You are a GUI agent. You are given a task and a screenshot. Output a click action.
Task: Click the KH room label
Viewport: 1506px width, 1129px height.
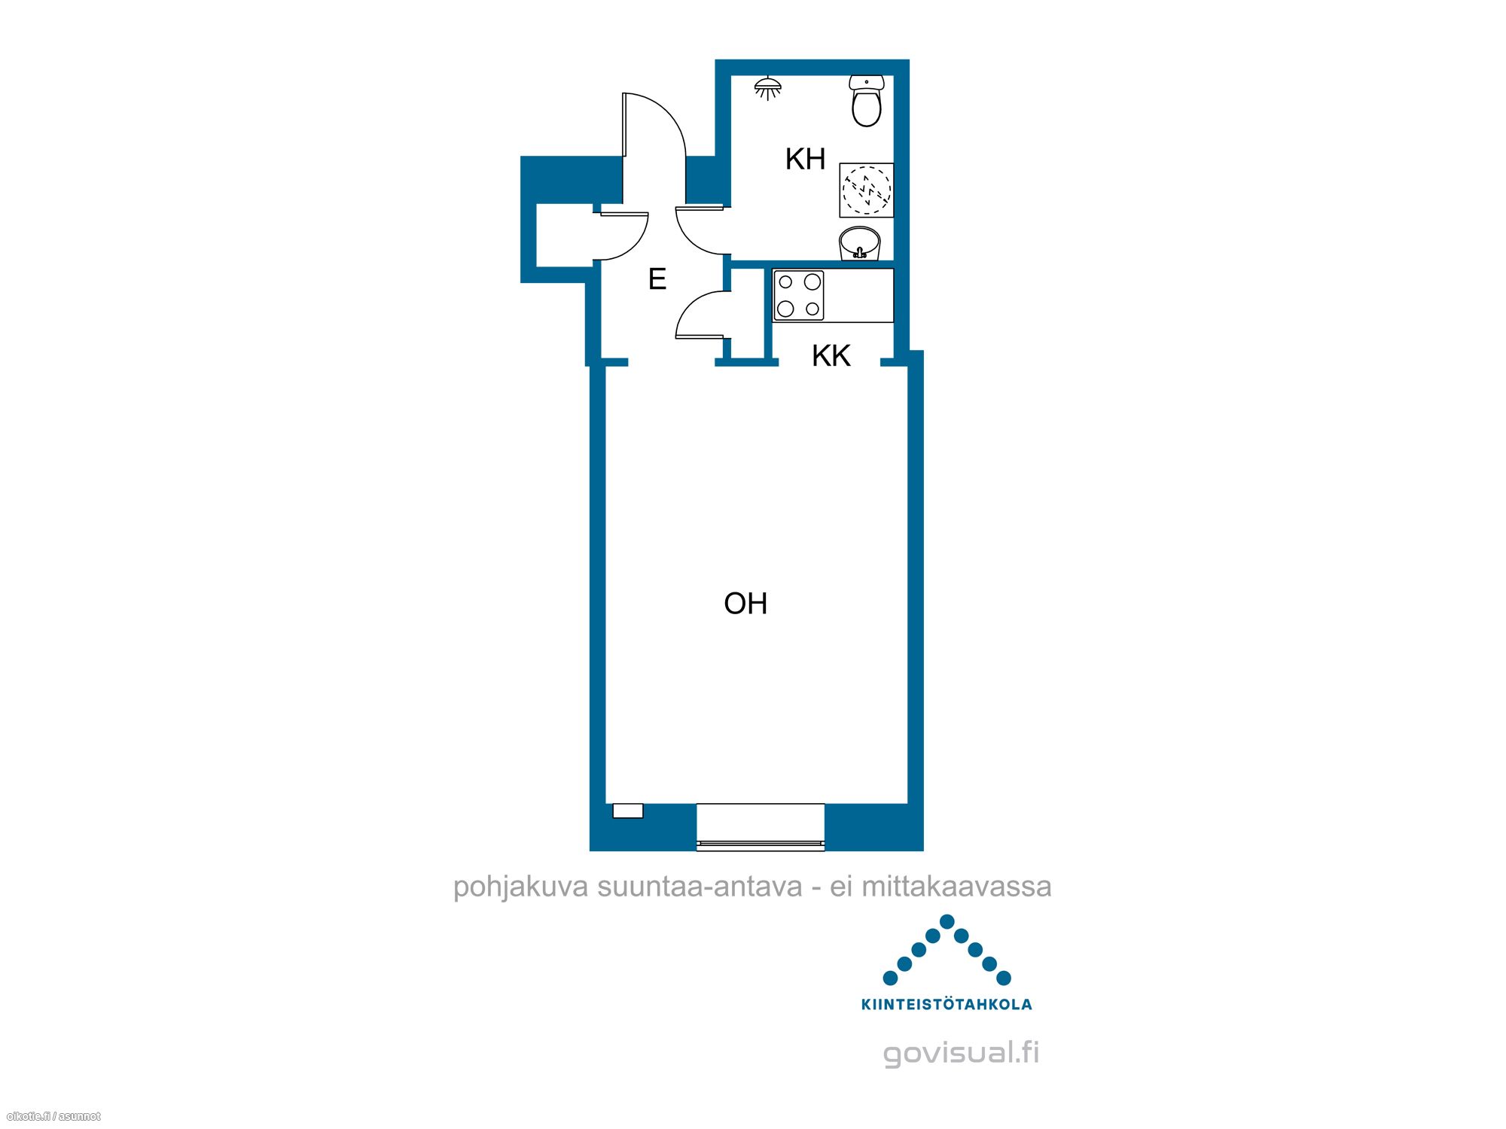805,159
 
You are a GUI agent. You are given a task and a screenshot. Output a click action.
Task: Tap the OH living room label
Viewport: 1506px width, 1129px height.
745,604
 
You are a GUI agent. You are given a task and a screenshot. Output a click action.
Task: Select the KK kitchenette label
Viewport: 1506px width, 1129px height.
831,355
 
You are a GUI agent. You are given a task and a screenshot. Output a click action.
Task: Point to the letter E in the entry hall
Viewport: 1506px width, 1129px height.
657,279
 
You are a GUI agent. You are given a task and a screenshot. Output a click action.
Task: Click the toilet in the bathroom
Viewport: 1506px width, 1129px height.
866,100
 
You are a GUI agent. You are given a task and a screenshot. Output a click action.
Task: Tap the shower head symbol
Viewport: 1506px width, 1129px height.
767,88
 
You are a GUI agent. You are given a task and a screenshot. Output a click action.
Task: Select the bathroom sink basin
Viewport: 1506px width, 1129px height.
860,243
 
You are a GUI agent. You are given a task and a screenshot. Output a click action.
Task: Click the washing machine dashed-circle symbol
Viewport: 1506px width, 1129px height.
867,190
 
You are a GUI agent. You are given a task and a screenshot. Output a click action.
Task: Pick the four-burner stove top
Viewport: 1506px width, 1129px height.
799,295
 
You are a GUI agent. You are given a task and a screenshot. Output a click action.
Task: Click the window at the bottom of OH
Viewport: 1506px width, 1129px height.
761,827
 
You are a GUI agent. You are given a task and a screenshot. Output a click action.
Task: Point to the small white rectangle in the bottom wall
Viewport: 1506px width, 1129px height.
628,811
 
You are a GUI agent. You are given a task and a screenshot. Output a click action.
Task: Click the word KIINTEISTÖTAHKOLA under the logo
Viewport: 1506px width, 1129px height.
947,1004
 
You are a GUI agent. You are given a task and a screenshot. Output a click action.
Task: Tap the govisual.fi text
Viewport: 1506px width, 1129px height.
961,1052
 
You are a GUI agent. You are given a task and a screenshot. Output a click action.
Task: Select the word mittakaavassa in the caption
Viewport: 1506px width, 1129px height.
956,887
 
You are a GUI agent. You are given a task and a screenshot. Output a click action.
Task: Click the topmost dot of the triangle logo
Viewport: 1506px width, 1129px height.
947,921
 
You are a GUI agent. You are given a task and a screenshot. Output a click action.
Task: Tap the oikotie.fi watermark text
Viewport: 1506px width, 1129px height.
53,1116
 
